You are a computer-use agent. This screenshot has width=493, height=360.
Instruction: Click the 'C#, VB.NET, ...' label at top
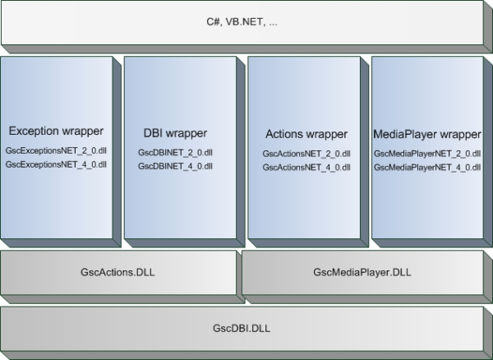[x=243, y=24]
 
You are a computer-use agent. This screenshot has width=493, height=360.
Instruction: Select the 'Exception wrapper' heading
[x=56, y=131]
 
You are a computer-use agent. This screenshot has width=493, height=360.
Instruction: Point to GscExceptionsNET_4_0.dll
[x=56, y=164]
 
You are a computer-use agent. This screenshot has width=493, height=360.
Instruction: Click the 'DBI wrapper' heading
[x=175, y=133]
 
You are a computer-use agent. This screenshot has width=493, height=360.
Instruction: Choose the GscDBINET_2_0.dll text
[x=175, y=153]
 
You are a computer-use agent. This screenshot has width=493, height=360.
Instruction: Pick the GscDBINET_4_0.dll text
[x=175, y=166]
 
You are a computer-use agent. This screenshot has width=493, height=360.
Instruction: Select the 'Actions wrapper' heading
[x=306, y=133]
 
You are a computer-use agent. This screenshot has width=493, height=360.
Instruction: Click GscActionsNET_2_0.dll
[x=306, y=153]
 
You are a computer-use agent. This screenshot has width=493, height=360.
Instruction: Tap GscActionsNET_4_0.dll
[x=306, y=167]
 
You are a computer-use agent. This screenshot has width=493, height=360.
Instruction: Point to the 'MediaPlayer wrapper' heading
[x=426, y=133]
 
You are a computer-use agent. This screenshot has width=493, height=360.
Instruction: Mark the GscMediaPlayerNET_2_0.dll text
[x=426, y=153]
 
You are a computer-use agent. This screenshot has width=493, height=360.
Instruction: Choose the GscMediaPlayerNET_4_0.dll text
[x=426, y=167]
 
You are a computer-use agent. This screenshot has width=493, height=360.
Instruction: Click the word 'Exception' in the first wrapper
[x=35, y=131]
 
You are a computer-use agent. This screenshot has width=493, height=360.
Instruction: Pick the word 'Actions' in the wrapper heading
[x=285, y=133]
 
